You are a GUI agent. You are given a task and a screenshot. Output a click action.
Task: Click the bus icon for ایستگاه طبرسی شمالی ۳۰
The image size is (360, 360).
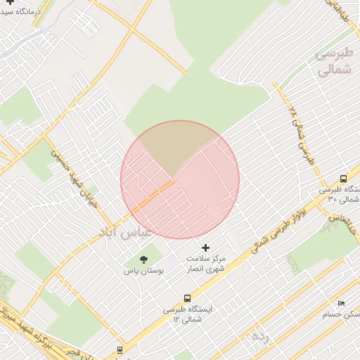343,179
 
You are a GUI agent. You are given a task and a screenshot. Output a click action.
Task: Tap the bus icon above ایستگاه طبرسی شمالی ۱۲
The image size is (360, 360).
187,298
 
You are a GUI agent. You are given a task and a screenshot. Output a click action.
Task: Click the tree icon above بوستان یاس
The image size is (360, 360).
144,260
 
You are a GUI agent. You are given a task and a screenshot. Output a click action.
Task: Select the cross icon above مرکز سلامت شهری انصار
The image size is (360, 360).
205,247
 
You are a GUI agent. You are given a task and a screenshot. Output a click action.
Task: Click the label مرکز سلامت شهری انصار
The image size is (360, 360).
205,263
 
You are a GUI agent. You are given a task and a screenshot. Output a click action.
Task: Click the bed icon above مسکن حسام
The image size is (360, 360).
341,302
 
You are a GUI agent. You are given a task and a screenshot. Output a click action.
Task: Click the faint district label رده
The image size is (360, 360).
259,337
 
